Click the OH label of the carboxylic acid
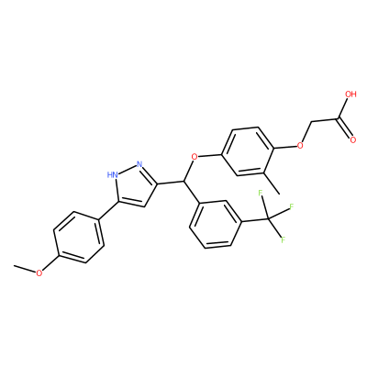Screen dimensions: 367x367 [x=350, y=94]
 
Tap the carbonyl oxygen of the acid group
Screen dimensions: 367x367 [x=353, y=140]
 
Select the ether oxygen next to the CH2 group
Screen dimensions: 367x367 [x=300, y=145]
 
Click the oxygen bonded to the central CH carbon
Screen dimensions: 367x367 [x=195, y=157]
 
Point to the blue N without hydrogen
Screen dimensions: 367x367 [x=139, y=164]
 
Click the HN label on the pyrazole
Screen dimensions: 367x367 [x=113, y=174]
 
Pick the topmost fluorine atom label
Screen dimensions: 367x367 [x=261, y=193]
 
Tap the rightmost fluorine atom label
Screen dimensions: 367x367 [x=291, y=206]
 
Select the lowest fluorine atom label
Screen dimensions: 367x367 [x=284, y=239]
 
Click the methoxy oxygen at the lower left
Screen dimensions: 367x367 [x=39, y=272]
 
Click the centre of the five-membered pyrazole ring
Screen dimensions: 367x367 [x=136, y=186]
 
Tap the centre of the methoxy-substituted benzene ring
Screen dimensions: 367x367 [x=79, y=237]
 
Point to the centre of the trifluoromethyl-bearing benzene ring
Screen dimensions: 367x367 [x=216, y=225]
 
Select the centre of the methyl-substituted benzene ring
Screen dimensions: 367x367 [x=248, y=151]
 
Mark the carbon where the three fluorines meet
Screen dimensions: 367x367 [x=268, y=219]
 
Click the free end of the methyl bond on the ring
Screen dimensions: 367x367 [x=279, y=194]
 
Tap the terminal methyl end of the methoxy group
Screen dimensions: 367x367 [x=14, y=265]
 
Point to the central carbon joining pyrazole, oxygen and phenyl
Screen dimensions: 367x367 [x=184, y=182]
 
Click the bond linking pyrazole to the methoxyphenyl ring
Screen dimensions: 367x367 [x=107, y=211]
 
